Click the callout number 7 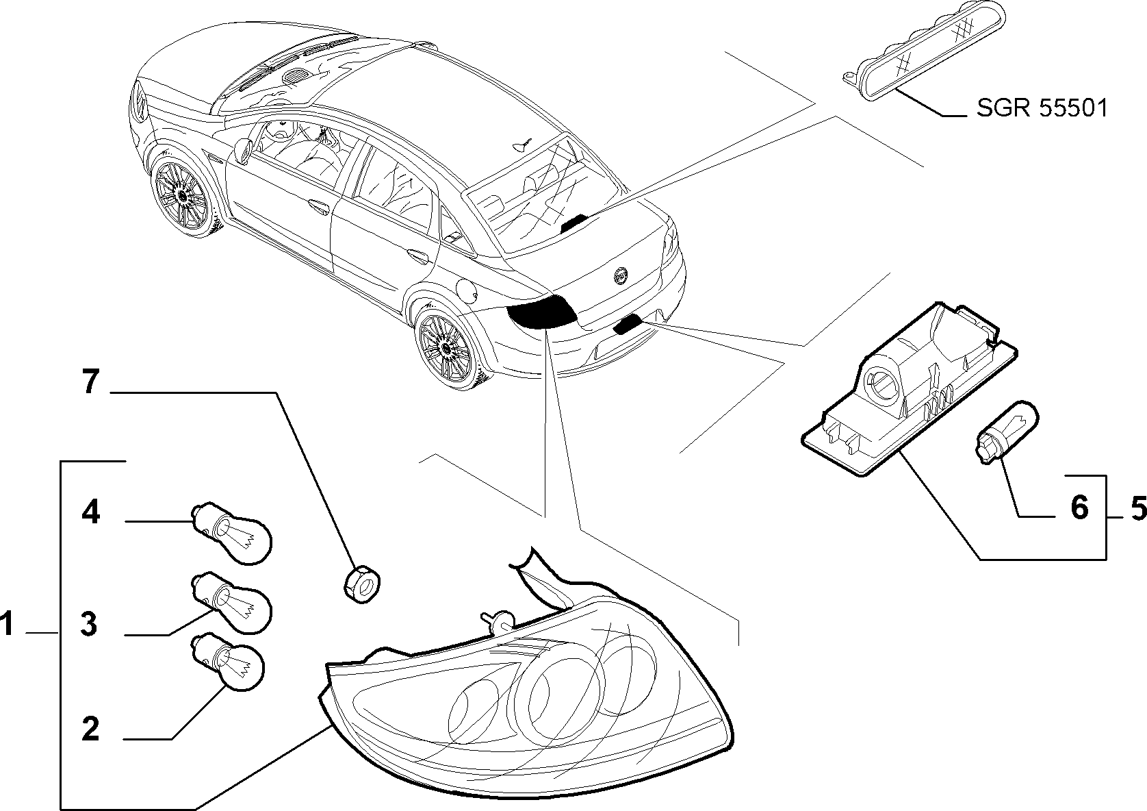click(90, 382)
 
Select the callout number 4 click(90, 512)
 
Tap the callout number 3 click(89, 625)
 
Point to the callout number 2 click(90, 729)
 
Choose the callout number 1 click(7, 624)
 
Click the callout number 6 click(1079, 508)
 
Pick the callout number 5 click(1138, 508)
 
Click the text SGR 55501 click(1042, 108)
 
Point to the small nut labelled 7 click(362, 584)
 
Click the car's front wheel click(182, 197)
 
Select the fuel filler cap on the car click(469, 290)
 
